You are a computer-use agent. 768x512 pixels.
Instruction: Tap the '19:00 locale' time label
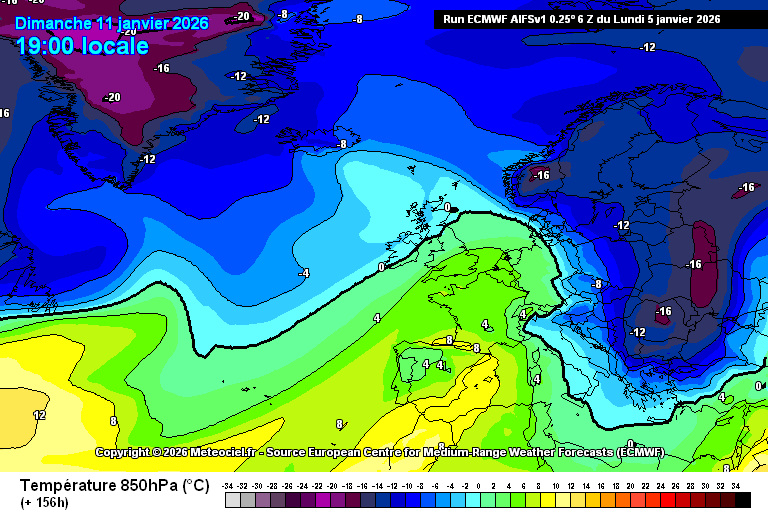click(x=82, y=46)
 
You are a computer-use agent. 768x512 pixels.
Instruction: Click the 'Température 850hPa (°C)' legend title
click(x=115, y=486)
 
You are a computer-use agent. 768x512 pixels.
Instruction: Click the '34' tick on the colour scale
click(x=736, y=485)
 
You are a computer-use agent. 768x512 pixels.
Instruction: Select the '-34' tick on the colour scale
click(x=230, y=485)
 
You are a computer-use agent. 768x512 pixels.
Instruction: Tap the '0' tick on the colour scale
click(x=478, y=485)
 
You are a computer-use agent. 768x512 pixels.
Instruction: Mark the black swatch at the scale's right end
click(x=742, y=499)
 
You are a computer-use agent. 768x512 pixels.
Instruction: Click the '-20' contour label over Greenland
click(x=111, y=97)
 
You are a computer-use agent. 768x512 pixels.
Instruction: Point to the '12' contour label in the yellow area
click(x=39, y=414)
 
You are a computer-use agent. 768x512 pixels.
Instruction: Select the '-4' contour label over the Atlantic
click(x=303, y=272)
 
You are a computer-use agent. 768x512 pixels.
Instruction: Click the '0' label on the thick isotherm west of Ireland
click(x=381, y=267)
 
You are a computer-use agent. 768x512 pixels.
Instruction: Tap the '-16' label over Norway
click(x=541, y=175)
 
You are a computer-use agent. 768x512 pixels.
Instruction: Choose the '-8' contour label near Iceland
click(x=342, y=144)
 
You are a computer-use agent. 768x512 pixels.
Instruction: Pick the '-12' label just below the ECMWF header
click(x=648, y=47)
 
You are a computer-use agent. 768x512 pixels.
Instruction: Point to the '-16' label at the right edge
click(x=746, y=187)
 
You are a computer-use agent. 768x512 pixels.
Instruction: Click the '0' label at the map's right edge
click(x=758, y=385)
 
